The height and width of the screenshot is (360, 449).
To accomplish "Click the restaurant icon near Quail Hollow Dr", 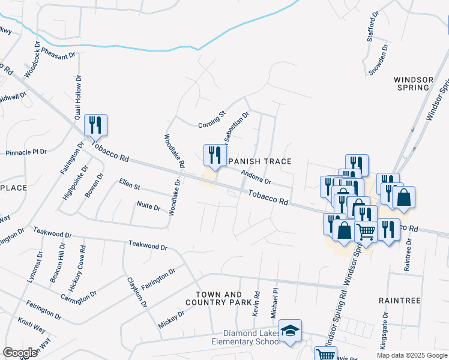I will click(95, 125).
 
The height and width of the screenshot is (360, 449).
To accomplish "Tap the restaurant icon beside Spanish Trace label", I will click(214, 155).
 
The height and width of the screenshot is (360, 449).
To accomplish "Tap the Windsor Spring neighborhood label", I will click(412, 83).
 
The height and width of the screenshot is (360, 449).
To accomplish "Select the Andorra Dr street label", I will click(256, 177).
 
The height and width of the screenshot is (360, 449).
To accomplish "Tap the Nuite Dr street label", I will click(149, 206).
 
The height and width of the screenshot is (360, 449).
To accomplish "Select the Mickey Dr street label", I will click(172, 319).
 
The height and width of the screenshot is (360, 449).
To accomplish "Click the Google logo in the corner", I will click(20, 352).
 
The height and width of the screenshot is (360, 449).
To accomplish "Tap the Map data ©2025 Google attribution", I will click(411, 355).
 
